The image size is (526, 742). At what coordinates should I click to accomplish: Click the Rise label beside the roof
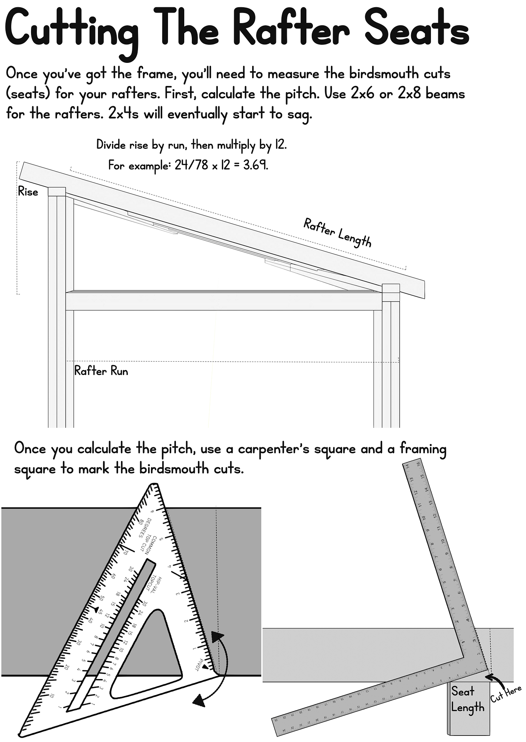point(28,192)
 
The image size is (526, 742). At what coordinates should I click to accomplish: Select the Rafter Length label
point(337,233)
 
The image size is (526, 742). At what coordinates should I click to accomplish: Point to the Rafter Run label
point(101,371)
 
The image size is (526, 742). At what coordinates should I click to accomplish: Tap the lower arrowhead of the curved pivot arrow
point(198,702)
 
